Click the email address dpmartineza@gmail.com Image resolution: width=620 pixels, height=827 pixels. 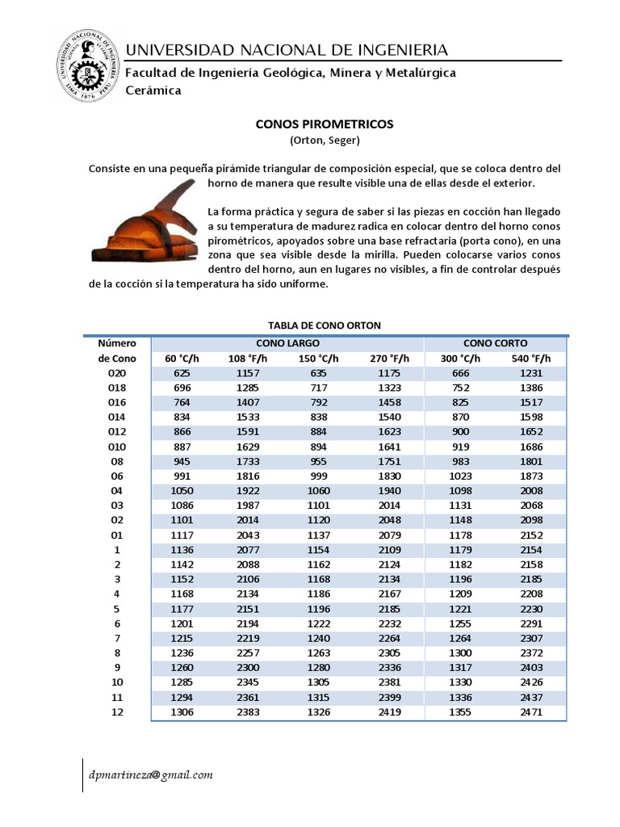tap(151, 775)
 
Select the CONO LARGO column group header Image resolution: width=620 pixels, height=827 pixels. tap(287, 343)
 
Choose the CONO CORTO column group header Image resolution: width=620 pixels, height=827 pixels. tap(496, 343)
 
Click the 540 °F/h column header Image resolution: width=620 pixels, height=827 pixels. tap(531, 359)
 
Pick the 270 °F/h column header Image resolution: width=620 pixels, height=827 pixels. tap(390, 359)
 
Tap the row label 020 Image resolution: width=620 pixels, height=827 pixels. tap(117, 373)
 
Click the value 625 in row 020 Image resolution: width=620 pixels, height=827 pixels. tap(182, 373)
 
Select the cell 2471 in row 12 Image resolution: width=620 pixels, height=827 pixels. tap(531, 712)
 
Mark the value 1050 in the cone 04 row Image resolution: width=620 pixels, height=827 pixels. tap(182, 490)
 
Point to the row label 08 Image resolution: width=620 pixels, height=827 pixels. tap(117, 461)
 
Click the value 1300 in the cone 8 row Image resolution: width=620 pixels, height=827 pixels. tap(460, 653)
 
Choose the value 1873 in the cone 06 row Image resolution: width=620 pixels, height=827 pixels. tap(531, 476)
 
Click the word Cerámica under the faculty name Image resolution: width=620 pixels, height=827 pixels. tap(153, 90)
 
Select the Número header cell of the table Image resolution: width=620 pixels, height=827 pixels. tap(117, 343)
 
